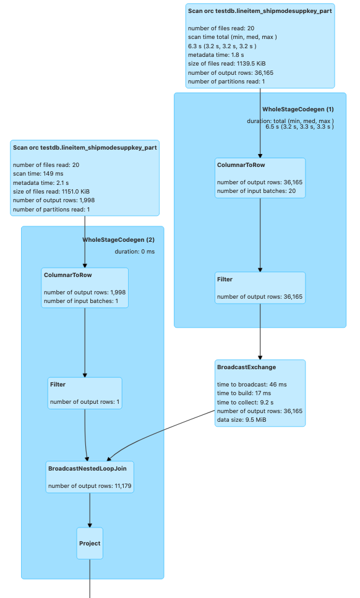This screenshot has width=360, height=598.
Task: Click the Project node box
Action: point(90,543)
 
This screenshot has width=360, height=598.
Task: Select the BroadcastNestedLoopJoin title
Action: point(87,468)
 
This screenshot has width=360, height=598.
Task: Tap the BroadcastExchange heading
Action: point(246,367)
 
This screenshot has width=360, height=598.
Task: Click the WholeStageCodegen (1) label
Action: point(298,109)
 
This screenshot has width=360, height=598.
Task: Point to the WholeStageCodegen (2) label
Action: point(119,239)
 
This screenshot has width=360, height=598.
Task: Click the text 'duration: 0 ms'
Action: point(135,251)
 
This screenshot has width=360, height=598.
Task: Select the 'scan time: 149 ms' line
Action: point(38,174)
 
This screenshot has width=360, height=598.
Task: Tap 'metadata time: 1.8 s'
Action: point(216,54)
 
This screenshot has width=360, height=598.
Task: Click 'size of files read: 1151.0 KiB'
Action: point(51,192)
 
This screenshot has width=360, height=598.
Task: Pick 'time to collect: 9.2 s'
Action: point(245,402)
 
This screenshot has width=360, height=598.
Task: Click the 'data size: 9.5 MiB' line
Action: point(242,419)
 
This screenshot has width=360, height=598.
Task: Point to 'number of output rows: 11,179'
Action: point(90,485)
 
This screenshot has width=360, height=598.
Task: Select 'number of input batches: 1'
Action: point(81,301)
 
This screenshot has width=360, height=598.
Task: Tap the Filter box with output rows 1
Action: point(85,393)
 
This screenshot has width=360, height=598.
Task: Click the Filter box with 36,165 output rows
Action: point(260,288)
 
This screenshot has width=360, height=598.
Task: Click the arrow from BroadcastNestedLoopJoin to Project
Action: point(90,510)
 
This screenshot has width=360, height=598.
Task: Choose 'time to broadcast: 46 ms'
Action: point(252,385)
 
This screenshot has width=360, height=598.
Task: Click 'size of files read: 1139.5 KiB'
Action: point(227,63)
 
